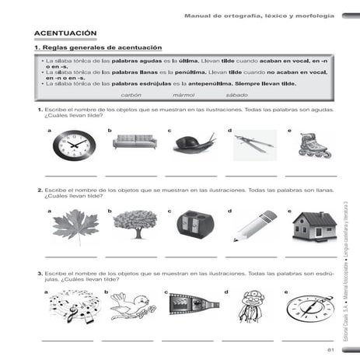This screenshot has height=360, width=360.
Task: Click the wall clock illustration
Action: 74,145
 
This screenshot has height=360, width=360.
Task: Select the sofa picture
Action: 135,142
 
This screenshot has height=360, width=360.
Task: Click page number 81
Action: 331,352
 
